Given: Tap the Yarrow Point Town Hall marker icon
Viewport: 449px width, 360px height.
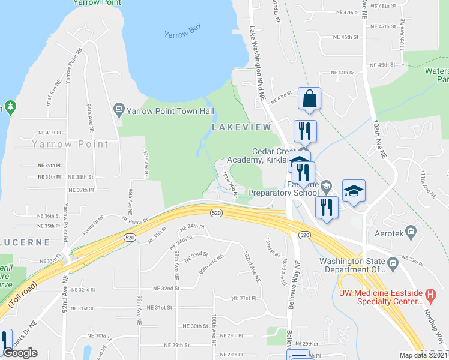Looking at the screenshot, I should (x=118, y=109).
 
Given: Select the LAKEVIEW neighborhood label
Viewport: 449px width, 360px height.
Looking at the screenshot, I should (x=240, y=128).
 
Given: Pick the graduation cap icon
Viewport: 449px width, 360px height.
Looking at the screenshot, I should (x=354, y=191).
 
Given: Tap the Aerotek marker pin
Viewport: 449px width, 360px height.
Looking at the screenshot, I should (x=411, y=231).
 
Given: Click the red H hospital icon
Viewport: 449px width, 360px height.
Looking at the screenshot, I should (x=430, y=295).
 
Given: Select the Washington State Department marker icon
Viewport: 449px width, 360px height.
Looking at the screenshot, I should (x=392, y=262).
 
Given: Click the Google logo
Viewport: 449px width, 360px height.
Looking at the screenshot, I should (x=20, y=353).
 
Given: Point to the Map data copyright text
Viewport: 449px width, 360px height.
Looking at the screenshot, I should (x=423, y=355).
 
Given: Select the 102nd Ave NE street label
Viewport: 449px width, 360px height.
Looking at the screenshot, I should (x=252, y=267).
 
